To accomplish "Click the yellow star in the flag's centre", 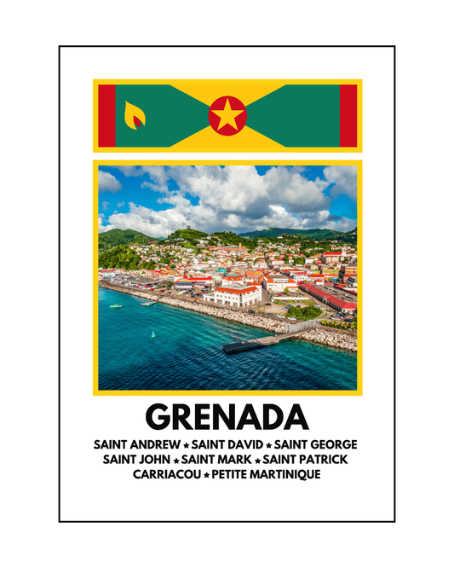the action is pos(227,115).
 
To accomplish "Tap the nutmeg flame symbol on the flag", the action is pos(135,115).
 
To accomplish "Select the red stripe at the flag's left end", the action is pos(106,115).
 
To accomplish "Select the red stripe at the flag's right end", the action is pos(348,115).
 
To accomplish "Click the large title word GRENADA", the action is pos(227,417).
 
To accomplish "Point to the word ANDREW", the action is pos(158,444).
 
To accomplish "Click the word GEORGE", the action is pos(333,444).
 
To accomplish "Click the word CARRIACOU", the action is pos(166,473).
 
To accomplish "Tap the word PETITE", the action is pos(229,473).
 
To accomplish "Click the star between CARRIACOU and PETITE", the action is pos(205,474).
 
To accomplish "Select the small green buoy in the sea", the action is pos(153,333).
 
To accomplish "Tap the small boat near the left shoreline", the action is pos(116,305).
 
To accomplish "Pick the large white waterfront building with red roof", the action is pos(236,295).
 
